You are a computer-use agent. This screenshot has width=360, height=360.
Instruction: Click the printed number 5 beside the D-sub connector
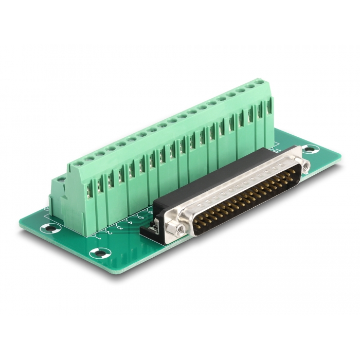(139, 217)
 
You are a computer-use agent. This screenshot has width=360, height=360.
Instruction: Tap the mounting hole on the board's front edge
(99, 253)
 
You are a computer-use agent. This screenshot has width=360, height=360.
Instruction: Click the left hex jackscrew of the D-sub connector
(178, 229)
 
